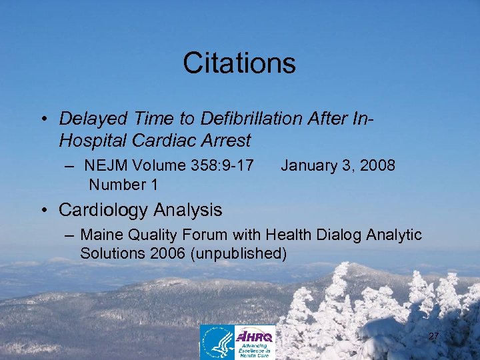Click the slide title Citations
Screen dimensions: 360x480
(x=239, y=63)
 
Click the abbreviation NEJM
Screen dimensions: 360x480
(x=108, y=165)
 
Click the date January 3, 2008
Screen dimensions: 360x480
(x=338, y=165)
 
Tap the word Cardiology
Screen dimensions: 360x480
(x=104, y=210)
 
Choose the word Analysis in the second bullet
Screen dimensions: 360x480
(x=188, y=210)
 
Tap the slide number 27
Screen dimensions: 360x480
(x=433, y=336)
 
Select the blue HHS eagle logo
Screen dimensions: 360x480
(x=217, y=342)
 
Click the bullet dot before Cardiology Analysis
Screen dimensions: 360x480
(x=43, y=211)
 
